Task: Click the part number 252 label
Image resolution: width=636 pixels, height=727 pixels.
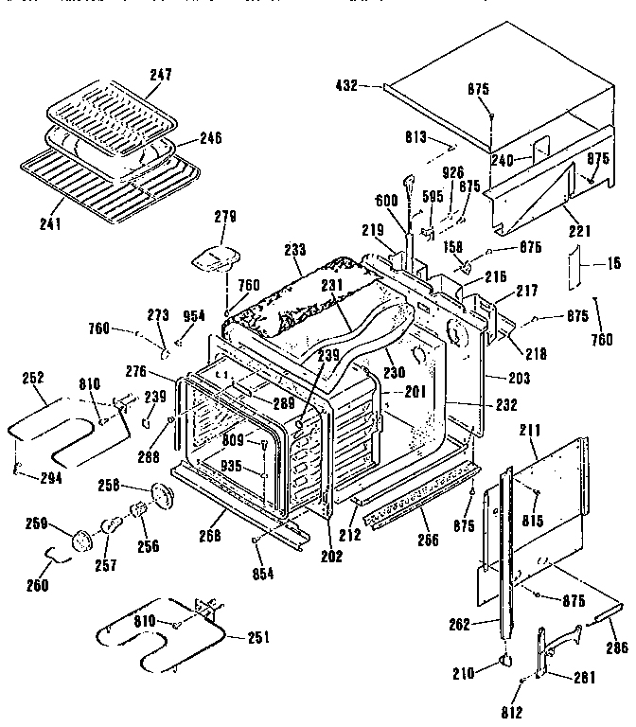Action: (x=34, y=377)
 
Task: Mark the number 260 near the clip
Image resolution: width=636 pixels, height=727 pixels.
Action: (x=37, y=584)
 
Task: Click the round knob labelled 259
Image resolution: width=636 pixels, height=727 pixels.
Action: (x=80, y=540)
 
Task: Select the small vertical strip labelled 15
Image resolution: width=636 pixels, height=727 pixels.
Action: (x=574, y=268)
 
